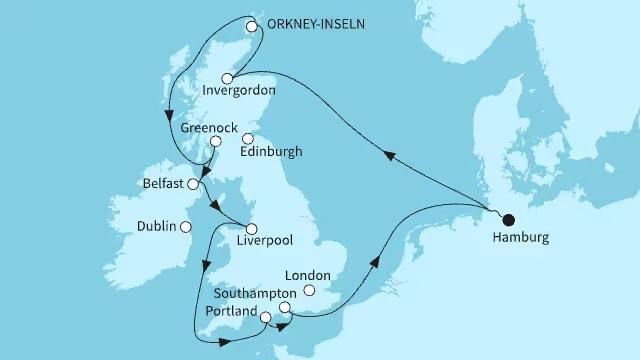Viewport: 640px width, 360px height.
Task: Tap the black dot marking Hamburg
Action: pyautogui.click(x=508, y=220)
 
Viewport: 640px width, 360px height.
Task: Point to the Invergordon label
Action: pyautogui.click(x=239, y=94)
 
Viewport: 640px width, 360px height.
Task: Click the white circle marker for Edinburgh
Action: pyautogui.click(x=248, y=139)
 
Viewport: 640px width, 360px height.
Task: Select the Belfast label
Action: pyautogui.click(x=162, y=185)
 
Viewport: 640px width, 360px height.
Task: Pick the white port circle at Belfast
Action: pyautogui.click(x=193, y=185)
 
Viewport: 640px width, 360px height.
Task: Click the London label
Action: pyautogui.click(x=307, y=273)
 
